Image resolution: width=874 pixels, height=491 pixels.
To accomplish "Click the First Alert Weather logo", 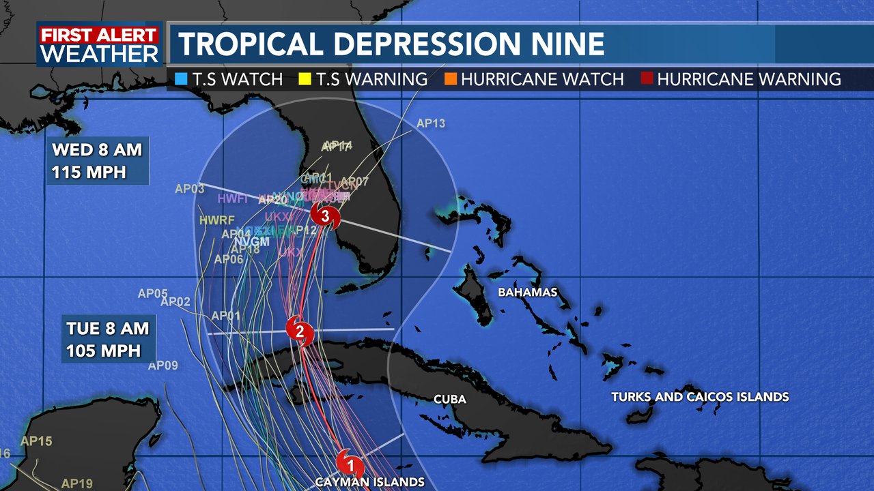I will tap(99, 44).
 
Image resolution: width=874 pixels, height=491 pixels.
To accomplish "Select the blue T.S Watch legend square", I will tap(181, 79).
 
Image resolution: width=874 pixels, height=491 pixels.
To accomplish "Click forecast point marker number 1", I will tap(351, 465).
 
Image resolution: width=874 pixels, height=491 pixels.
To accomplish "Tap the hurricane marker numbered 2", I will tap(299, 331).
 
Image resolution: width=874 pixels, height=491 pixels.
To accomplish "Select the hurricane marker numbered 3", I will tap(325, 215).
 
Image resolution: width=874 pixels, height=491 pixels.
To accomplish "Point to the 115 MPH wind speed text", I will tap(89, 172).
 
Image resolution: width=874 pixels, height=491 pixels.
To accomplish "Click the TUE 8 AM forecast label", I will tap(107, 328).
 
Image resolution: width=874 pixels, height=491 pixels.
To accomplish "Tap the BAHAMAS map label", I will tap(528, 293).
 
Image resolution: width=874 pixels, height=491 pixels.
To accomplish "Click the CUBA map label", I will tap(450, 399).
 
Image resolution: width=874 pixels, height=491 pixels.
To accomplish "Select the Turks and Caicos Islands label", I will tap(700, 397).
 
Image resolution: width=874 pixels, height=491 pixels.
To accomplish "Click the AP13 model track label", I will tap(430, 123).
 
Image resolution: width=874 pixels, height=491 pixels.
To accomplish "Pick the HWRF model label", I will tap(217, 220).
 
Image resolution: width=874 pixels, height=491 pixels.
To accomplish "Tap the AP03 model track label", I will tap(190, 189).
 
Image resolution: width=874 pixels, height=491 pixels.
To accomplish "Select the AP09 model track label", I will tap(163, 366).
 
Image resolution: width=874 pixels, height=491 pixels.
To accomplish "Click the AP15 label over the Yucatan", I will tap(36, 441).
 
